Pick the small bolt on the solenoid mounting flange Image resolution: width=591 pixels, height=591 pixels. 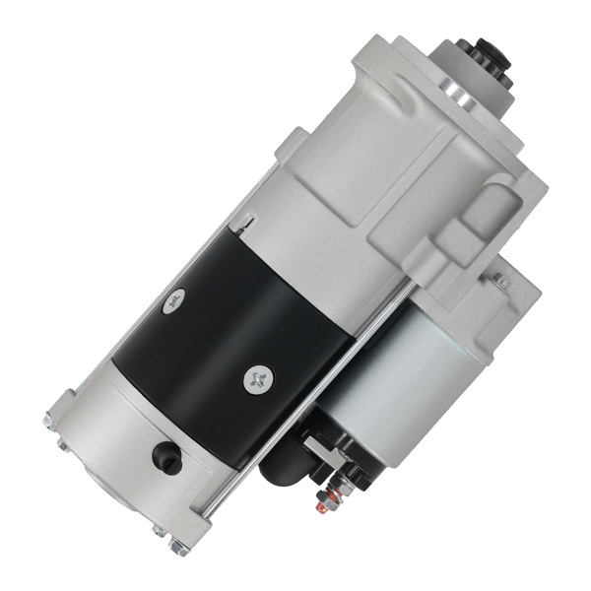point(500,281)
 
